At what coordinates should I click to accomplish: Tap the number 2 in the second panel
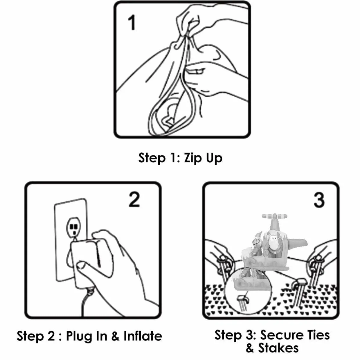[134, 199]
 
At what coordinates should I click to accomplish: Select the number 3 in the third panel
[319, 200]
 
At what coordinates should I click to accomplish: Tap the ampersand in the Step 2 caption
[116, 336]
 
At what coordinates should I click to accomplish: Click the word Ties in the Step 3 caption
[319, 335]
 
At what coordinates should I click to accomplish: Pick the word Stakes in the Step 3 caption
[278, 348]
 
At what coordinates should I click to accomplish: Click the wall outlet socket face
[74, 228]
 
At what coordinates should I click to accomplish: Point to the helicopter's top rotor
[274, 216]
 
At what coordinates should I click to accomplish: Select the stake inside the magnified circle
[243, 304]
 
